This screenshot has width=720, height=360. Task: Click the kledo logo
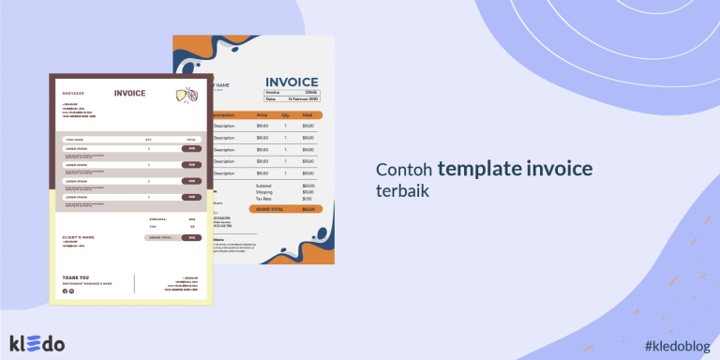click(x=37, y=343)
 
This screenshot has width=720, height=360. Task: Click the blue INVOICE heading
click(x=292, y=82)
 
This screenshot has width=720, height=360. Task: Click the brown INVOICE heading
click(x=129, y=93)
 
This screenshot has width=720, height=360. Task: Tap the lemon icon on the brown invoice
click(x=186, y=94)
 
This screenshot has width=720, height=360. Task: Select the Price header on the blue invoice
click(x=262, y=114)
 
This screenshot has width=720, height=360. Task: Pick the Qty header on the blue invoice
click(x=285, y=114)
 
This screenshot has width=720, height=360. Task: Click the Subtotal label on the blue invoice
click(x=263, y=186)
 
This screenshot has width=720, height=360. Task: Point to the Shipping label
click(x=262, y=192)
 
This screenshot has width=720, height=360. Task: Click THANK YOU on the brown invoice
click(x=76, y=277)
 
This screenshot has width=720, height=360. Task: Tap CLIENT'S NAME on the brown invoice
click(x=78, y=237)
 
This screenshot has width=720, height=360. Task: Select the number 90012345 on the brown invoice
click(x=72, y=94)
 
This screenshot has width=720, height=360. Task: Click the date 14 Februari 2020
click(x=305, y=98)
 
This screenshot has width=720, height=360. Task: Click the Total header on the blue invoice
click(x=307, y=114)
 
